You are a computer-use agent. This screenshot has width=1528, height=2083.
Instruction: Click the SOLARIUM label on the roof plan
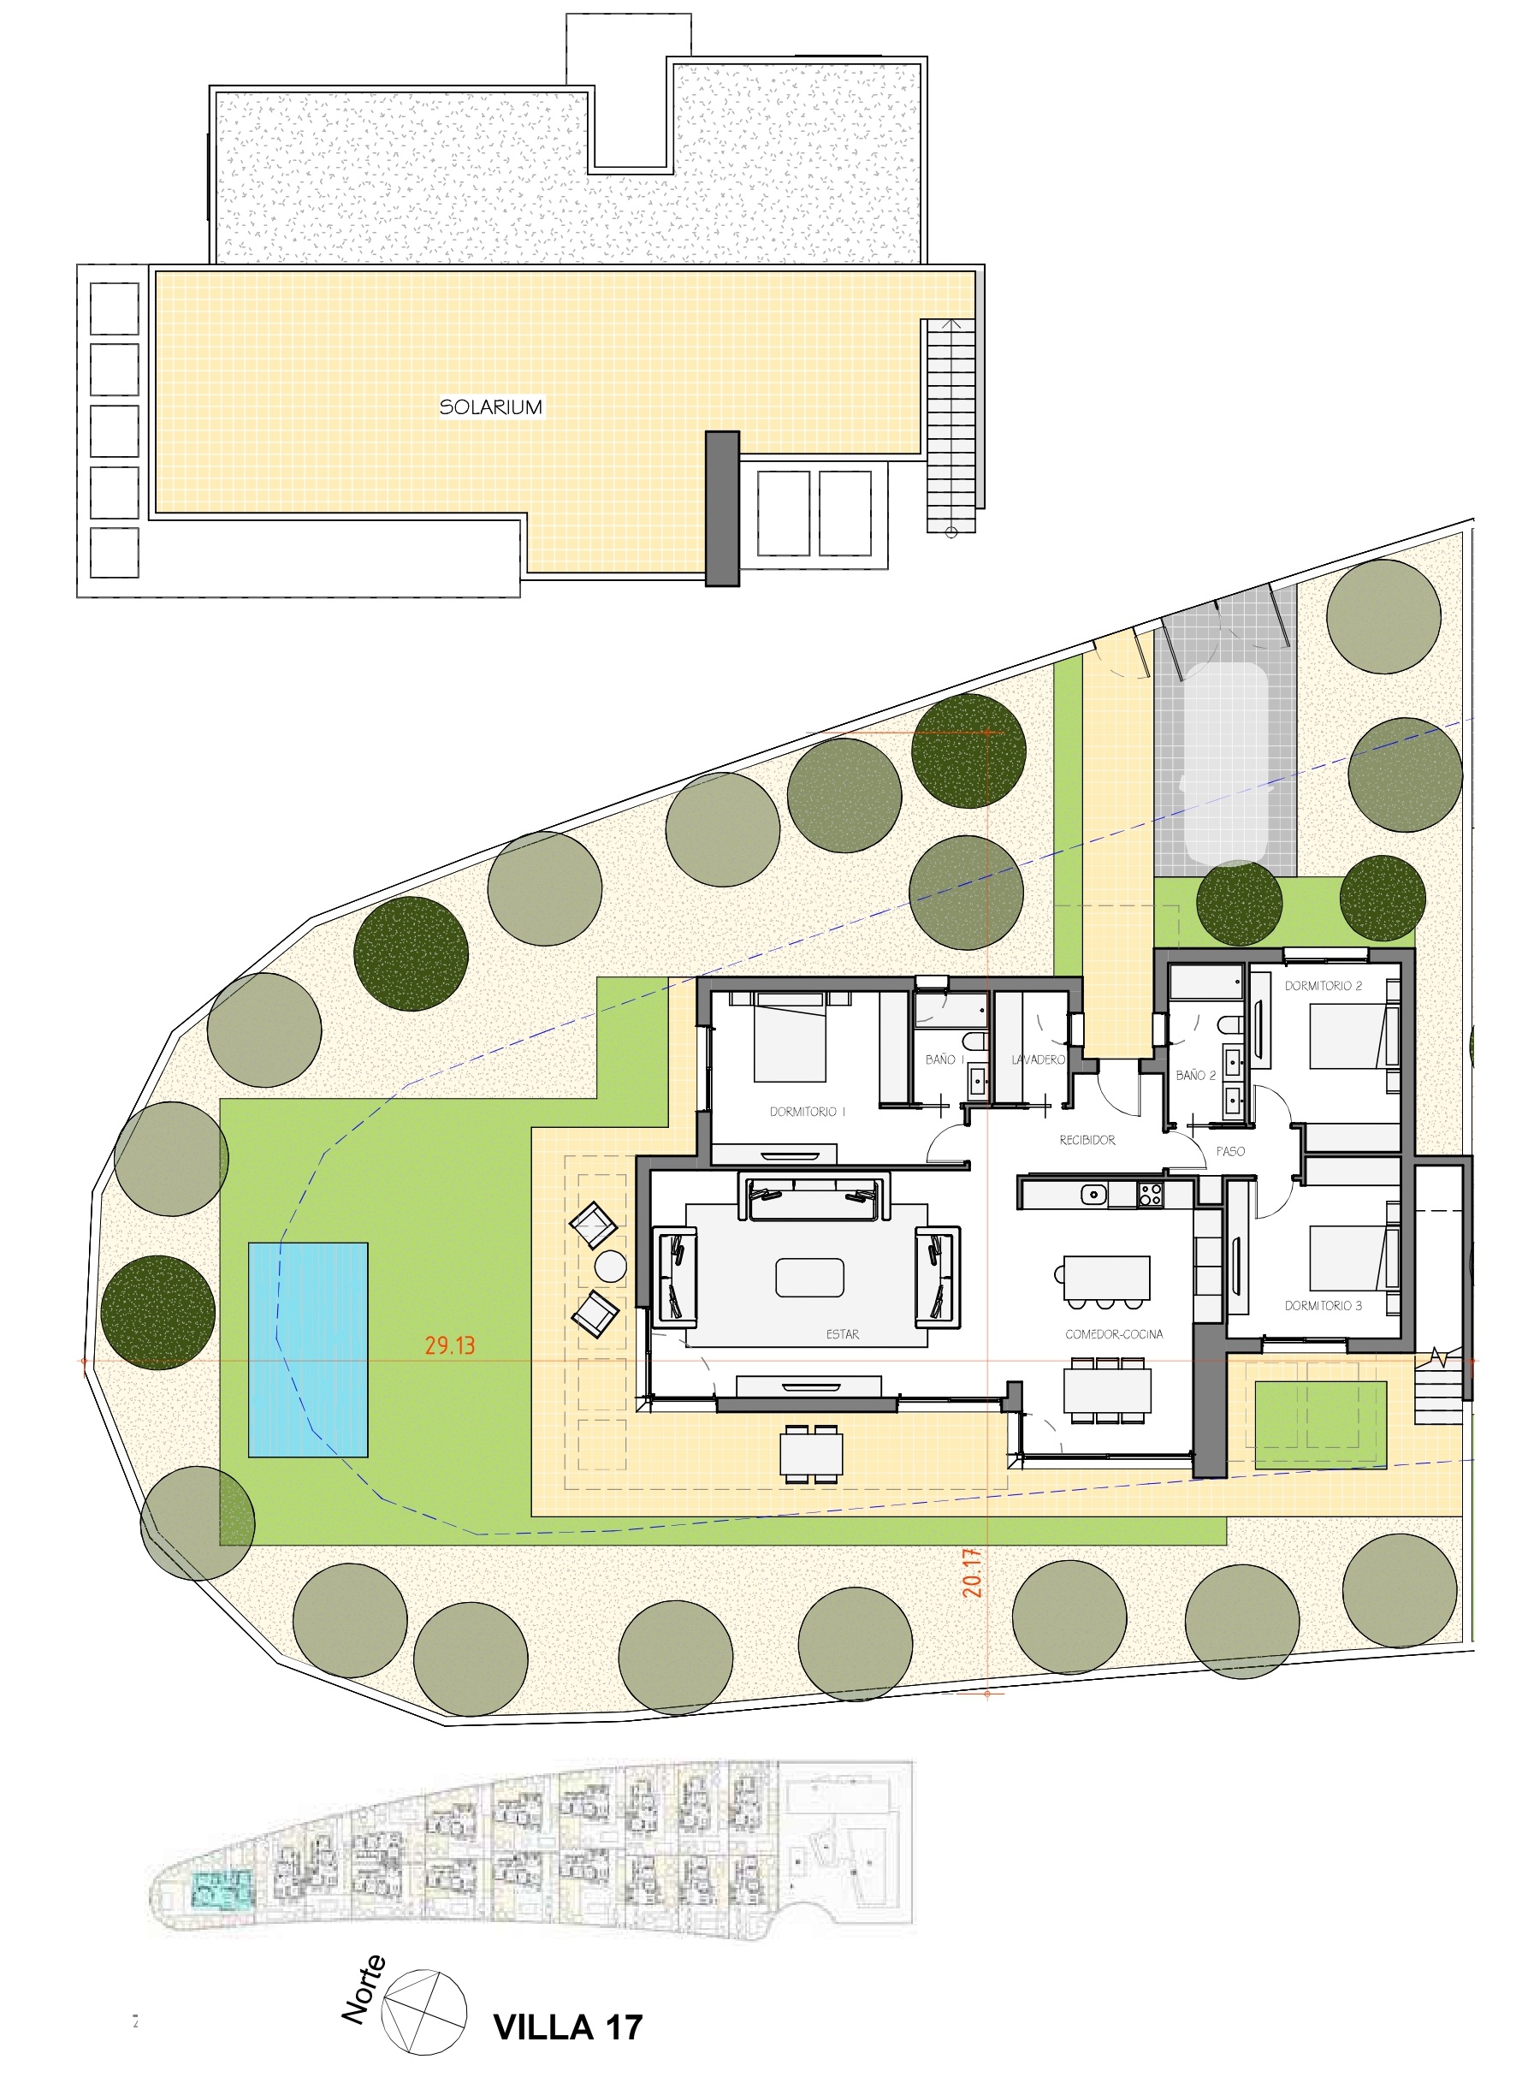click(x=490, y=407)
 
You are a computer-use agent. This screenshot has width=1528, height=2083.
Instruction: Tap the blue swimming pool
click(x=308, y=1350)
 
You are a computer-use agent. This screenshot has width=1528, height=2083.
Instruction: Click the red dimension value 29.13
click(x=451, y=1345)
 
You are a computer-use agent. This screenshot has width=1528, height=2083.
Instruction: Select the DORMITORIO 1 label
click(x=808, y=1112)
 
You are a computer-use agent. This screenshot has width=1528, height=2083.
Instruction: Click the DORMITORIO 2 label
click(x=1323, y=986)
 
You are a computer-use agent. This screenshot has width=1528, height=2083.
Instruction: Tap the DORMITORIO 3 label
click(x=1323, y=1306)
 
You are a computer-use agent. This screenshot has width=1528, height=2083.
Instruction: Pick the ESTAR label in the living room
click(x=843, y=1335)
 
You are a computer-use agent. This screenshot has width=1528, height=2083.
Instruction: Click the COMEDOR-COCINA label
click(x=1114, y=1335)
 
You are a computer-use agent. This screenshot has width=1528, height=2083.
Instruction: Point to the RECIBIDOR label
click(x=1087, y=1141)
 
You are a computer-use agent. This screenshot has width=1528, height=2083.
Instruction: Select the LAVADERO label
click(x=1038, y=1060)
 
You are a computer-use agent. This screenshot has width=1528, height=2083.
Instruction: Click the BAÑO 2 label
click(x=1196, y=1076)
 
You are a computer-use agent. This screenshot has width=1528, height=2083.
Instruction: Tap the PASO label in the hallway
click(x=1230, y=1152)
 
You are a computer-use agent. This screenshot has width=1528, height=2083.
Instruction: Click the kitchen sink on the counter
click(x=1094, y=1195)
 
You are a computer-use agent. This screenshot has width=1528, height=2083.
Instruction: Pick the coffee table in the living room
click(x=809, y=1279)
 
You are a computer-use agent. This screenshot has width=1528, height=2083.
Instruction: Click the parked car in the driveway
click(x=1227, y=764)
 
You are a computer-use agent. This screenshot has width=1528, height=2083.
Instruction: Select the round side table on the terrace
click(x=611, y=1267)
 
